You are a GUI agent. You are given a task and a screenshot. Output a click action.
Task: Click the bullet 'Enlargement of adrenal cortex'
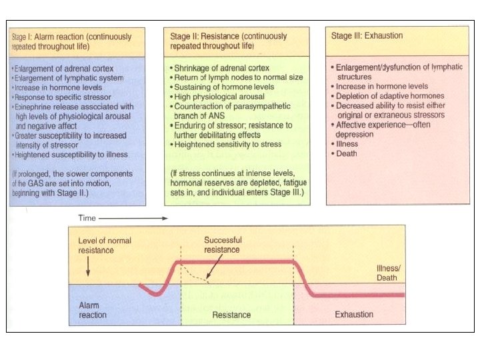point(63,69)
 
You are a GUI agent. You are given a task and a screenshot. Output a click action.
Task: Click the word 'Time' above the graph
point(88,217)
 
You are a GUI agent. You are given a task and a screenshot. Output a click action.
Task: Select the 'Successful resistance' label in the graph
point(223,244)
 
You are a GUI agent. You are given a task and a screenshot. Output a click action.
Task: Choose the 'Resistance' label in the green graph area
point(231,315)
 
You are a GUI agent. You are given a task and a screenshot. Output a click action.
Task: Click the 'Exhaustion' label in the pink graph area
point(354,314)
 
